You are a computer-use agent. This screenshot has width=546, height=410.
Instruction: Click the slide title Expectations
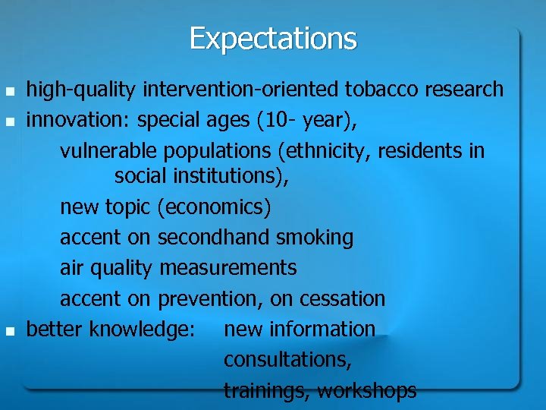pyautogui.click(x=273, y=38)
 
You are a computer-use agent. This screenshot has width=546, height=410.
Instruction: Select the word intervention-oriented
pyautogui.click(x=240, y=90)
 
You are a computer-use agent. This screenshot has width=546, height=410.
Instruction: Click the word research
pyautogui.click(x=463, y=90)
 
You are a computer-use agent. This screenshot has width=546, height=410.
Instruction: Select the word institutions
pyautogui.click(x=227, y=177)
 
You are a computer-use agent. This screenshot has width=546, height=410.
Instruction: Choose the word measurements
pyautogui.click(x=228, y=268)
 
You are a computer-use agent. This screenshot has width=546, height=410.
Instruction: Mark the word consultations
pyautogui.click(x=287, y=360)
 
